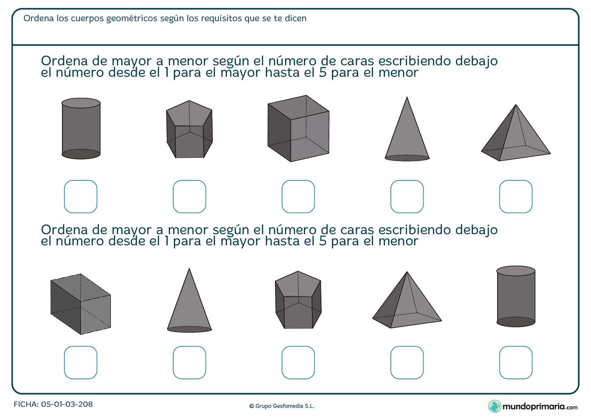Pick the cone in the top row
point(407,135)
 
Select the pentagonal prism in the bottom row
point(298,300)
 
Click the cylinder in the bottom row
point(516,297)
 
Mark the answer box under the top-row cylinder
point(81,197)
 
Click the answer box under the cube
point(298,197)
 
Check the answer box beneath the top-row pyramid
point(516,197)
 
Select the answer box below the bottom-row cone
point(189,362)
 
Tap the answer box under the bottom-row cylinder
point(516,362)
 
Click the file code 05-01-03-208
point(67,404)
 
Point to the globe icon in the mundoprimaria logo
point(495,406)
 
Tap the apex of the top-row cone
point(407,98)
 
